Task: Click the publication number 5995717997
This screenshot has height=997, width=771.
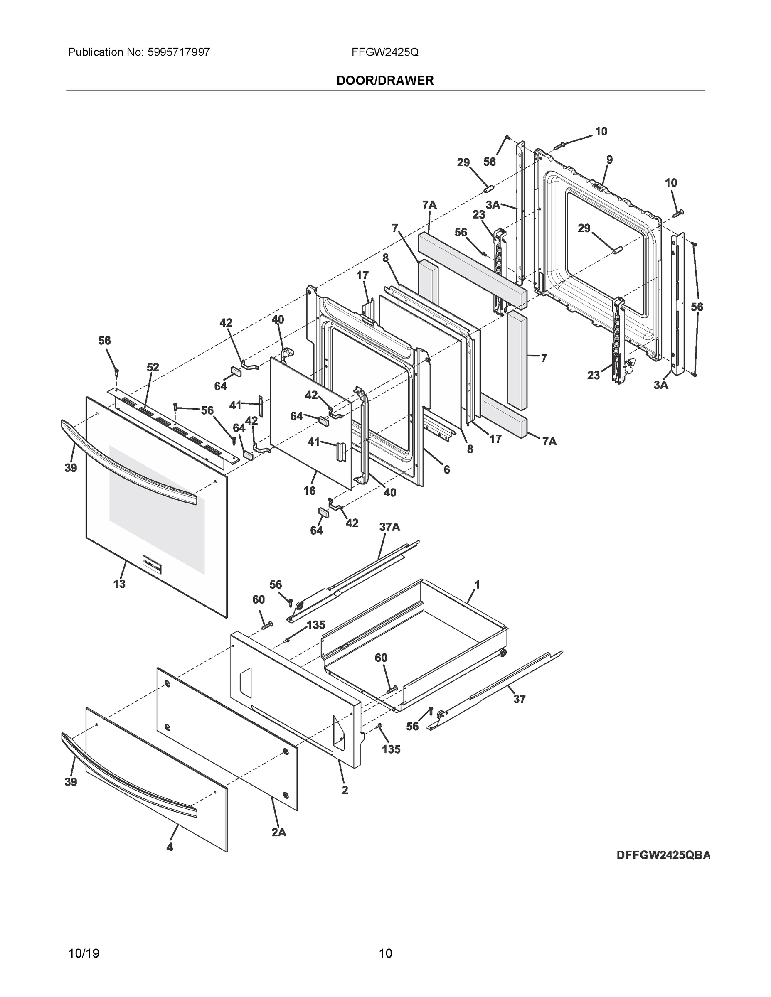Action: [179, 52]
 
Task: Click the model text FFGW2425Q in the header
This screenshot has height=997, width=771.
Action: [385, 52]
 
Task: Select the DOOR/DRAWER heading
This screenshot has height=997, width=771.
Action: [385, 81]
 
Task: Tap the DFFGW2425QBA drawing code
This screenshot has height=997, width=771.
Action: [663, 855]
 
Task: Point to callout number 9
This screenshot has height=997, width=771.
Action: [609, 160]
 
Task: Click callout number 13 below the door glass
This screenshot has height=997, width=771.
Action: [119, 583]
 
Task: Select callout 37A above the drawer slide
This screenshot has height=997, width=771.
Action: [389, 527]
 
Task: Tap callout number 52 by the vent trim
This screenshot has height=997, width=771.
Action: [153, 367]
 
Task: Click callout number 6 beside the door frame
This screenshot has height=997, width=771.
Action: [446, 469]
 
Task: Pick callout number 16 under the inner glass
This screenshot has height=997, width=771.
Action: [309, 491]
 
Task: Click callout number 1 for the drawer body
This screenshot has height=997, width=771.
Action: [477, 584]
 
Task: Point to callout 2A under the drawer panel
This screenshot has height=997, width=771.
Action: [278, 832]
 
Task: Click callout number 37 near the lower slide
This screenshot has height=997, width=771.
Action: [519, 699]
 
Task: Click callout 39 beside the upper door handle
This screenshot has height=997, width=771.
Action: [71, 467]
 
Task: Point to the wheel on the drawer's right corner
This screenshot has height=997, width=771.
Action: [503, 653]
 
